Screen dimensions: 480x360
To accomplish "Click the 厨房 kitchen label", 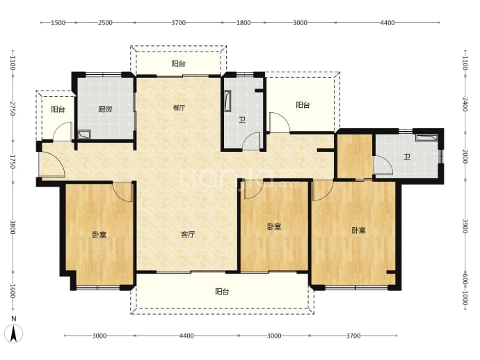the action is point(105,109).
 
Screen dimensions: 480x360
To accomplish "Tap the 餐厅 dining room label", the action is point(179,108).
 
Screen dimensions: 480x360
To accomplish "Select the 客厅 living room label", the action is point(188,235).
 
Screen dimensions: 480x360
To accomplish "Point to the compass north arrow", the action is point(13,334).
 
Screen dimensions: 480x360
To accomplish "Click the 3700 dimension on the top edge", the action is point(179,23).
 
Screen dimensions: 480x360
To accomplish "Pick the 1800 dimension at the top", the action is point(243,23).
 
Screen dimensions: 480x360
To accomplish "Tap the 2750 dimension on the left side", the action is point(13,109).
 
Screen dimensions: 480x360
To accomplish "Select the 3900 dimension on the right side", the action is point(465,226).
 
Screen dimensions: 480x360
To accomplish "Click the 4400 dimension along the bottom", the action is point(186,336).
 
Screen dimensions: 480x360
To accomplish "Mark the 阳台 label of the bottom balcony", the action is point(222,292).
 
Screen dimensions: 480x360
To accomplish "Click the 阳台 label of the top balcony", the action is point(179,64).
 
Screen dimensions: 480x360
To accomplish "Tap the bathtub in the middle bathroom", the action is point(227,100).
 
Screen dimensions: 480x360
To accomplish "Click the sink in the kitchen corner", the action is point(84,134).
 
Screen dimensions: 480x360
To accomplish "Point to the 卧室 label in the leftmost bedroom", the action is point(99,235).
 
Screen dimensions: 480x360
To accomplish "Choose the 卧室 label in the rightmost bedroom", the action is point(358,230).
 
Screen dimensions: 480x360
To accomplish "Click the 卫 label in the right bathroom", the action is point(407,157).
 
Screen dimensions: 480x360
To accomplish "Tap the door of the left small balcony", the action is point(63,132).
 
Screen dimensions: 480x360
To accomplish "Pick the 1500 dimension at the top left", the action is point(58,23).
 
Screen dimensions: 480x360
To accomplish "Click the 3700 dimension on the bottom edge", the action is point(353,336).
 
